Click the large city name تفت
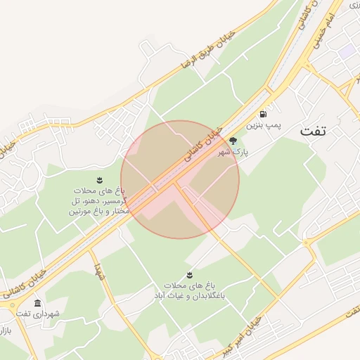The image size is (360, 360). coord(314,131)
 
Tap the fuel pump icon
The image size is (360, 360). coord(263,113)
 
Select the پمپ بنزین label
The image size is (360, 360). coord(263,126)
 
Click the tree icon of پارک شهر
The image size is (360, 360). coord(233,141)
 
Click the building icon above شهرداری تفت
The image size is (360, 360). coord(37,303)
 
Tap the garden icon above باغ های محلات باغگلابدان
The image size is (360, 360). coord(189,274)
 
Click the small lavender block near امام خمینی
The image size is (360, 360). coord(345,52)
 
